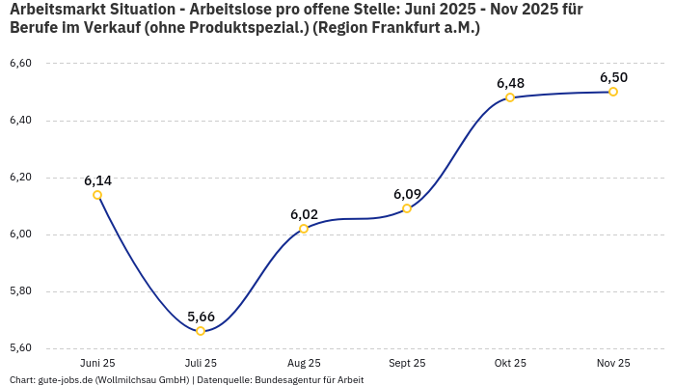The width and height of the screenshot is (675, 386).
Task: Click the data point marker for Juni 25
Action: (x=97, y=195)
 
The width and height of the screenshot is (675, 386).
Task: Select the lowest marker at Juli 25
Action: (x=201, y=331)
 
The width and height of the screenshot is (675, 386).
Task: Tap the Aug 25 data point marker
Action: (x=304, y=229)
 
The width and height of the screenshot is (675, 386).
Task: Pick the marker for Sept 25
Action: (x=407, y=208)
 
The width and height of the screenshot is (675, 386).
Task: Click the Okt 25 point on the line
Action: (x=510, y=97)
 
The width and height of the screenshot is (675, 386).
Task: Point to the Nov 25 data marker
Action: (x=613, y=92)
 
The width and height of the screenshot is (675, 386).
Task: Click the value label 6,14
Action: (x=97, y=180)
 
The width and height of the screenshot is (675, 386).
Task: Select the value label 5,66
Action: (x=201, y=317)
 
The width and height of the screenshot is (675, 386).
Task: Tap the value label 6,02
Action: (x=304, y=214)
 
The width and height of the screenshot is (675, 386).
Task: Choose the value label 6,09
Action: (x=407, y=194)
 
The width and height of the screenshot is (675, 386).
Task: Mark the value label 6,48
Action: (x=510, y=83)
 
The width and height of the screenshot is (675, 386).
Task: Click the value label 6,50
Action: (x=613, y=77)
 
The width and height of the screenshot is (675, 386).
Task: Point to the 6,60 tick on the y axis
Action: (x=20, y=64)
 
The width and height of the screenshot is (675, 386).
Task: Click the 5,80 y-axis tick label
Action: (x=20, y=291)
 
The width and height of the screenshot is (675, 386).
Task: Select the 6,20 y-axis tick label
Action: (x=20, y=178)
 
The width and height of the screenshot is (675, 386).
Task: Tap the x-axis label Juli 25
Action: (x=201, y=363)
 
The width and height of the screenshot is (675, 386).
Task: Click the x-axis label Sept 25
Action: (x=407, y=363)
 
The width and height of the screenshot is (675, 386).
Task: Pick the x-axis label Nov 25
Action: (x=613, y=363)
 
